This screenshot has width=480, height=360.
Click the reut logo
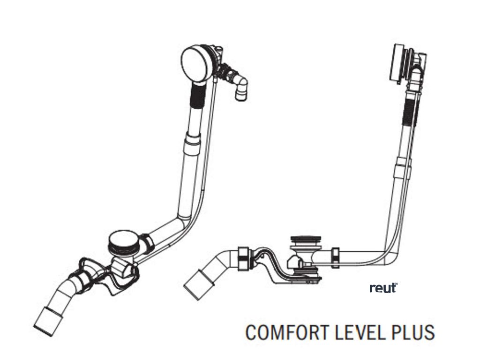pos(383,288)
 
